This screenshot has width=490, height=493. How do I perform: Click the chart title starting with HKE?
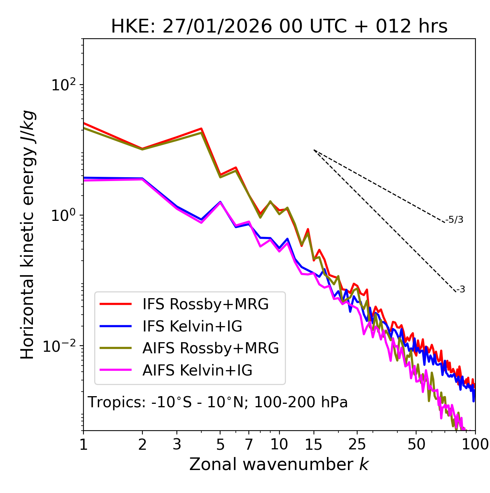279,27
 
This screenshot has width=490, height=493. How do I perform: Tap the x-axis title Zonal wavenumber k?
279,464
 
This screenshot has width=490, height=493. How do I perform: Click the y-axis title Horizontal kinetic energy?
28,235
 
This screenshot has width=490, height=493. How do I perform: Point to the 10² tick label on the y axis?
64,85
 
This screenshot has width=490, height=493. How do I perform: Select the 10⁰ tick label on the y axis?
64,215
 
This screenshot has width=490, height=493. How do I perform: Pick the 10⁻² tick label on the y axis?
61,346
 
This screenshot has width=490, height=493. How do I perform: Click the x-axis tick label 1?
83,444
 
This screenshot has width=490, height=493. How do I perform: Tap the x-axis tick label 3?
177,444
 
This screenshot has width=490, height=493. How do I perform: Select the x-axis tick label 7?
249,444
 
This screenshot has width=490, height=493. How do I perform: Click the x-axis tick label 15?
314,444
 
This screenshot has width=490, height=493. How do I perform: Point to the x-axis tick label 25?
357,444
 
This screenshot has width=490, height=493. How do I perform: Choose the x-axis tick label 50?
416,444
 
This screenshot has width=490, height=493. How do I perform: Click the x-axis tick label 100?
475,444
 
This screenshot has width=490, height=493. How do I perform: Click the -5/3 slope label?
454,220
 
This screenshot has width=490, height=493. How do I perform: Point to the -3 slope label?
461,289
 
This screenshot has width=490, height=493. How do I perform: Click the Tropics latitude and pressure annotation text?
217,402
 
